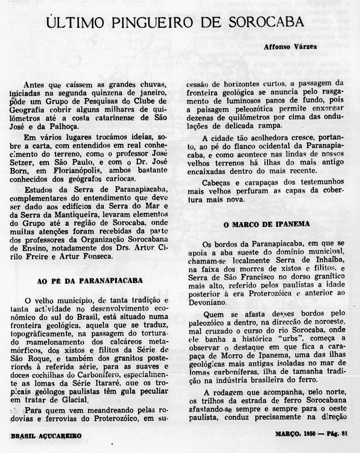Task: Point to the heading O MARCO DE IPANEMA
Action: click(266, 224)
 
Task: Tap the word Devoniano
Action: click(205, 302)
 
